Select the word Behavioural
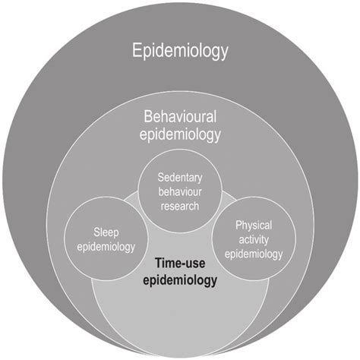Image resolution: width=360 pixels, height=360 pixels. click(x=180, y=118)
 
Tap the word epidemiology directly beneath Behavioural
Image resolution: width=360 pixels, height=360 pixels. click(x=180, y=136)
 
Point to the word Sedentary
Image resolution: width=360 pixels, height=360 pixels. click(x=180, y=177)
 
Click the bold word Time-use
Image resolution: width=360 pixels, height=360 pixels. click(x=180, y=264)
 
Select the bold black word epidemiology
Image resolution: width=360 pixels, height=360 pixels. click(x=180, y=279)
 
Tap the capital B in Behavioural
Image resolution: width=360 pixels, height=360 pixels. click(x=146, y=118)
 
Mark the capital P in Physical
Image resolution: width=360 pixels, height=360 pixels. click(x=238, y=226)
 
